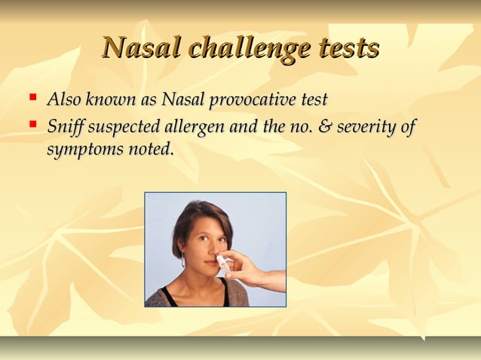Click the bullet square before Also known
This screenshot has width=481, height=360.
pyautogui.click(x=32, y=96)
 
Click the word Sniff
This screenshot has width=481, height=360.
pyautogui.click(x=66, y=126)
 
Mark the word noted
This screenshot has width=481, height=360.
pyautogui.click(x=149, y=148)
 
